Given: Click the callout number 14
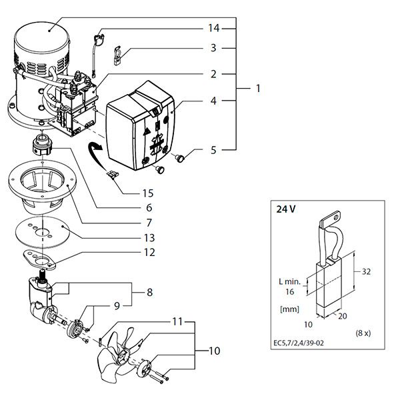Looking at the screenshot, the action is [213, 28].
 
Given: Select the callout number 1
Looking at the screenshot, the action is [258, 89].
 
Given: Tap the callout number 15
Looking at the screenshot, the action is [148, 193].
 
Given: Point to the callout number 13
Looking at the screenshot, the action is [149, 238].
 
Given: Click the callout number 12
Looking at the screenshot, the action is [149, 253].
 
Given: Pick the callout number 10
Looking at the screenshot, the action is [214, 351].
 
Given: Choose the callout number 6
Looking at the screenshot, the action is [149, 208].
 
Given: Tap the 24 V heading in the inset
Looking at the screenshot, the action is [286, 209].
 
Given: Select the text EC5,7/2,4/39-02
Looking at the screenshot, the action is [299, 343].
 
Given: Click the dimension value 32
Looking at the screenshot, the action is [366, 272].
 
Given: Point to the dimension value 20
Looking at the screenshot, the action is [343, 316].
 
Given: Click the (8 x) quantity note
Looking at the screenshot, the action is [363, 333].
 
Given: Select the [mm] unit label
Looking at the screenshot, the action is [289, 309].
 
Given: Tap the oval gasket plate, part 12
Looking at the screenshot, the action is [39, 260].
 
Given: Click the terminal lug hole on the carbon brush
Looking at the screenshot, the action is [336, 217].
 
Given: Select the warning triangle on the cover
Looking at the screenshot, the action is [147, 132].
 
